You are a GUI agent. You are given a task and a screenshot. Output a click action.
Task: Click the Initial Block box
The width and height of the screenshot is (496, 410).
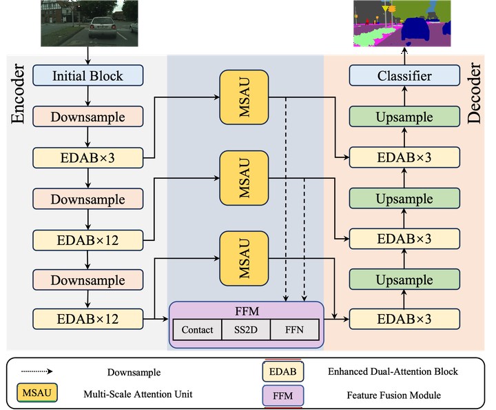point(88,75)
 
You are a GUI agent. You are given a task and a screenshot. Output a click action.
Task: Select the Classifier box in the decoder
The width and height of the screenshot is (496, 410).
point(404,75)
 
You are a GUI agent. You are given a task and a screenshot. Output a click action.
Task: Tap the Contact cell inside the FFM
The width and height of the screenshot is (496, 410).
point(197,330)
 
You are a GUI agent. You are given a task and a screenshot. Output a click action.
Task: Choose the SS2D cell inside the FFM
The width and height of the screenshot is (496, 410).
point(246,330)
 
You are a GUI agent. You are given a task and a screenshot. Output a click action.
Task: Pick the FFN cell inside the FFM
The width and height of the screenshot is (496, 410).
point(294,330)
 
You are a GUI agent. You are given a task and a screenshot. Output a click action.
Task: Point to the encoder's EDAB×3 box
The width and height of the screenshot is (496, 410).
point(88,158)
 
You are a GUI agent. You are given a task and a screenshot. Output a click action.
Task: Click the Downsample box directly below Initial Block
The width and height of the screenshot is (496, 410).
point(88,117)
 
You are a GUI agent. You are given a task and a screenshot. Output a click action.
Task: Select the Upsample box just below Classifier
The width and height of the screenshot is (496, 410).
point(404,117)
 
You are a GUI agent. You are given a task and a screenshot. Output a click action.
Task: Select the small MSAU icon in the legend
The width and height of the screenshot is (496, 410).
point(35,394)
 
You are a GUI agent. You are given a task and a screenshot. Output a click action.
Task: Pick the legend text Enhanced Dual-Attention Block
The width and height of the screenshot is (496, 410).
point(392,371)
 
